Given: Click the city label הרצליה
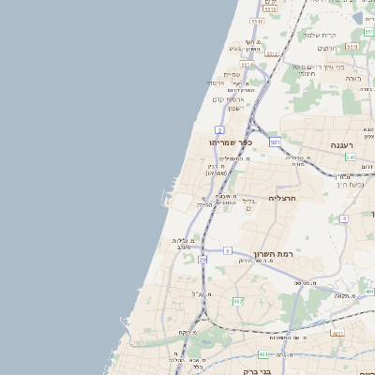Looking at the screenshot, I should (282, 198).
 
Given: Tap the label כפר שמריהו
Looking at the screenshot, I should (232, 142).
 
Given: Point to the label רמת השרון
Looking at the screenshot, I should (274, 254).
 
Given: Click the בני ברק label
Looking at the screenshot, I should (255, 371).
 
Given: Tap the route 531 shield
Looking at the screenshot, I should (274, 142).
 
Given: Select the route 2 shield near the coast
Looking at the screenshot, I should (218, 128).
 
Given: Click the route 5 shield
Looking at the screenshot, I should (228, 250).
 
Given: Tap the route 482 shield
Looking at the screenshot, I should (237, 301).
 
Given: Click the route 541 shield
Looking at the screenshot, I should (349, 157).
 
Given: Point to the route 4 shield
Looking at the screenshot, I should (344, 217).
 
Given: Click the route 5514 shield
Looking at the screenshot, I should (247, 65).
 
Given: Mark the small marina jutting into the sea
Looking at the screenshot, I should (166, 200).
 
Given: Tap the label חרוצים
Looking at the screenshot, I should (325, 48).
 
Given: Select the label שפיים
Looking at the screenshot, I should (232, 75).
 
